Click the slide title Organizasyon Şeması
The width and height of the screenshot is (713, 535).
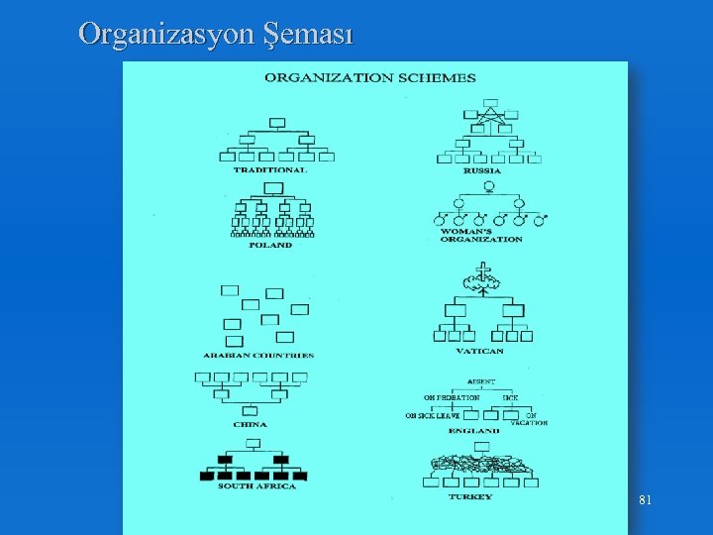pos(216,35)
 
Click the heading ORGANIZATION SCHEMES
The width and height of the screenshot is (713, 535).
pos(369,77)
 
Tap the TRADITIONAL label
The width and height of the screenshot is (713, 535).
pos(270,169)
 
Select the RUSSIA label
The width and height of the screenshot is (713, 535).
pos(482,170)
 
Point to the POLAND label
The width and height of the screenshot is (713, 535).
pos(270,245)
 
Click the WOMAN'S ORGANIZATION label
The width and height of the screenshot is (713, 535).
pos(481,235)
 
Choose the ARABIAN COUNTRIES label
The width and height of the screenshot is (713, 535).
pos(258,355)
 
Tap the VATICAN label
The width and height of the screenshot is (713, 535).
pos(481,351)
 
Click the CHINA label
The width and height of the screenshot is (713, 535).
pos(250,424)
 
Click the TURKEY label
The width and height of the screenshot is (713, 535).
pos(469,496)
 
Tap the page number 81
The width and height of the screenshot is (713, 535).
pos(645,501)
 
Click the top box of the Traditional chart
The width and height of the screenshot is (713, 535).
pos(277,123)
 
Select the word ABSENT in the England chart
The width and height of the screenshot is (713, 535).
pos(481,381)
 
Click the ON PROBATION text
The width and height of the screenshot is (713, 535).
pos(452,397)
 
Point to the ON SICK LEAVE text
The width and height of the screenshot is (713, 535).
pos(433,416)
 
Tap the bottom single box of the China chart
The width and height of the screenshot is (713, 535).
pos(250,410)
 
